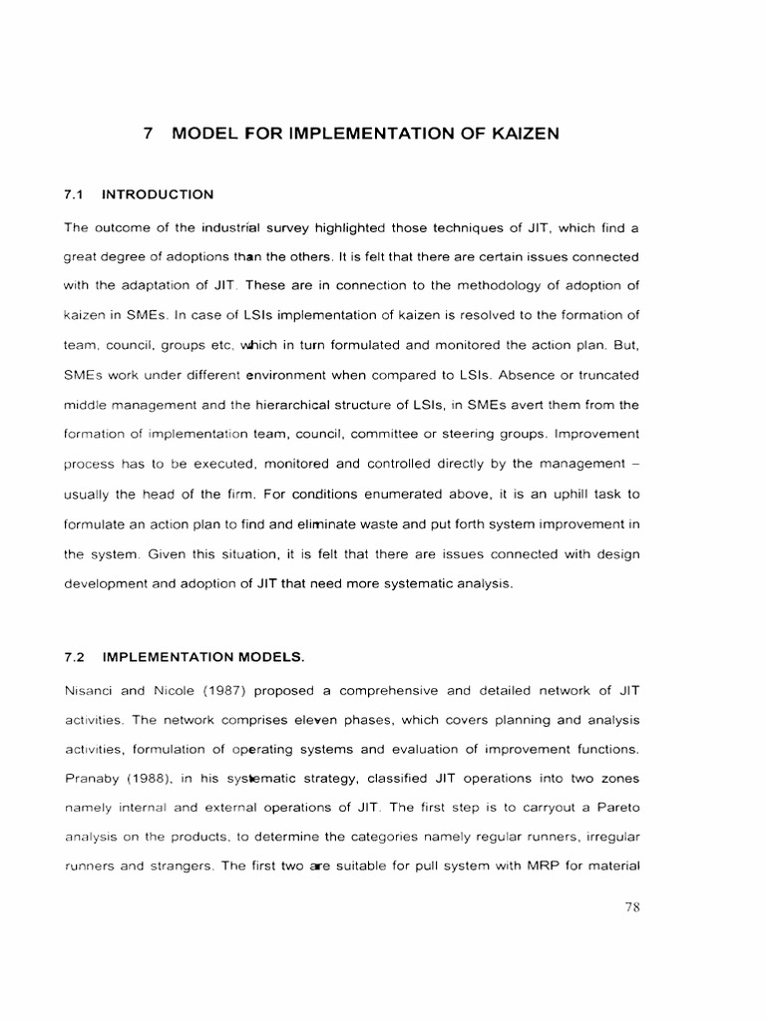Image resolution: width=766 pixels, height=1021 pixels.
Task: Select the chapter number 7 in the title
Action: pos(148,134)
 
